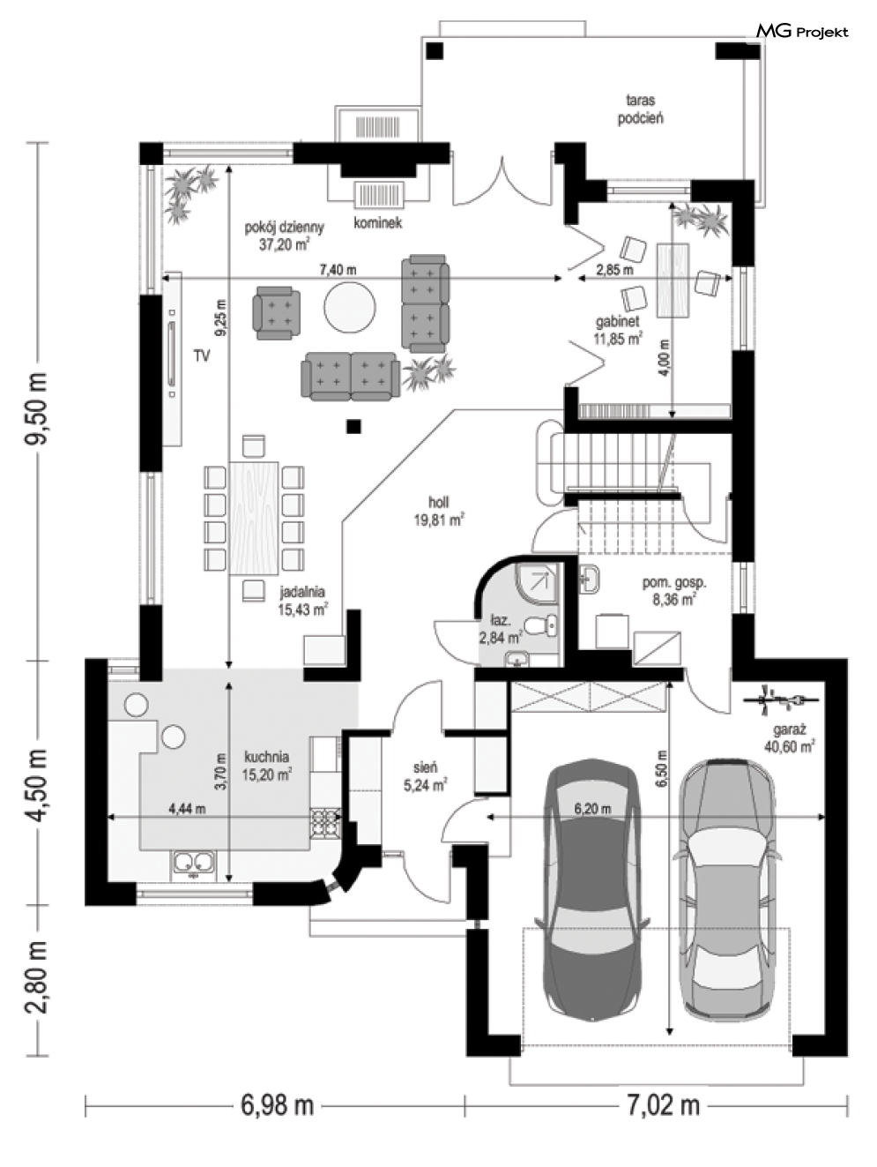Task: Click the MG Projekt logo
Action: point(802,32)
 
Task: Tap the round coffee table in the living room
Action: point(350,307)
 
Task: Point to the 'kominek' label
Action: point(377,223)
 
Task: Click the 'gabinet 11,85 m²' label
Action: point(618,330)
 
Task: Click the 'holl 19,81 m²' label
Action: point(439,511)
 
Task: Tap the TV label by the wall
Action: point(202,355)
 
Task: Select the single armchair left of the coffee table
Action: point(276,312)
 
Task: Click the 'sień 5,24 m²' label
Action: point(425,777)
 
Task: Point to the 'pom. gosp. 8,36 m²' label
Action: point(674,591)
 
